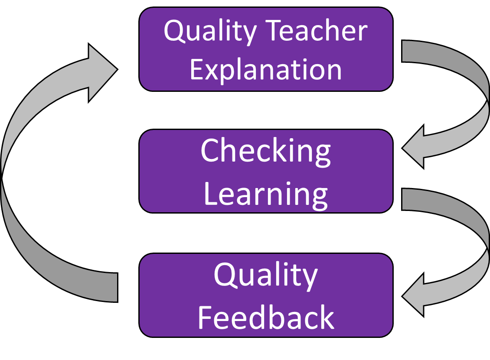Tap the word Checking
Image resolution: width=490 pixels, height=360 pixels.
(x=266, y=152)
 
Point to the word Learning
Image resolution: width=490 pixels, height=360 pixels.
(x=266, y=195)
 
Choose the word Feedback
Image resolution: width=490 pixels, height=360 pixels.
(x=266, y=317)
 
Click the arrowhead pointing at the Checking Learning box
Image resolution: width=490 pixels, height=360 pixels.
(x=413, y=147)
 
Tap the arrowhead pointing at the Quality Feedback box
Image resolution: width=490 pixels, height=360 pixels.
(x=413, y=295)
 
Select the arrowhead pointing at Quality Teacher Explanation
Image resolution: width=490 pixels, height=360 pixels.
(x=103, y=72)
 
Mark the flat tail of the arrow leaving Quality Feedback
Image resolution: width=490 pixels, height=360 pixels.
(x=118, y=288)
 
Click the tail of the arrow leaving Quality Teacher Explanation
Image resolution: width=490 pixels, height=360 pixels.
(x=402, y=51)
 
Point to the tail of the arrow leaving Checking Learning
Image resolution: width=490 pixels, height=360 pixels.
(x=402, y=199)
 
